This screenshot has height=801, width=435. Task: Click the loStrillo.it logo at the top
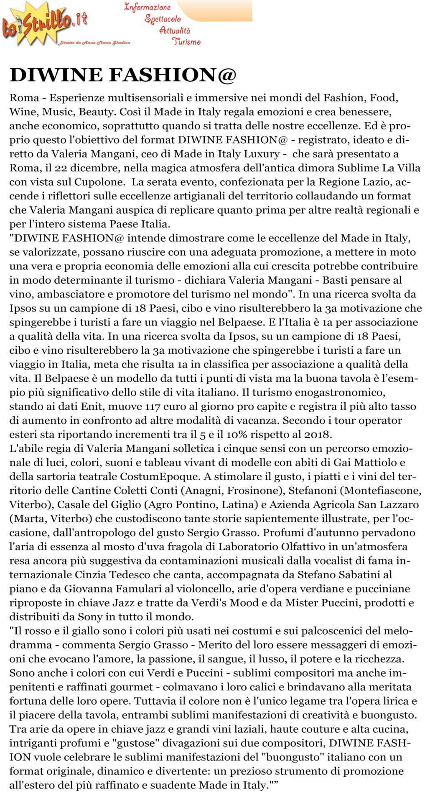pyautogui.click(x=45, y=24)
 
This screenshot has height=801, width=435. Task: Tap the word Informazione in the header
pyautogui.click(x=147, y=8)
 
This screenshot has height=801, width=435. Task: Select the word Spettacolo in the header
pyautogui.click(x=163, y=19)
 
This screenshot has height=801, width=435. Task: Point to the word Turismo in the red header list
pyautogui.click(x=186, y=41)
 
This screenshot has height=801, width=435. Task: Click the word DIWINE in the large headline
pyautogui.click(x=56, y=75)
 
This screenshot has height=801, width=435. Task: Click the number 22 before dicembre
pyautogui.click(x=61, y=168)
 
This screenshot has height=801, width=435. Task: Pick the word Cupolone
pyautogui.click(x=99, y=182)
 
